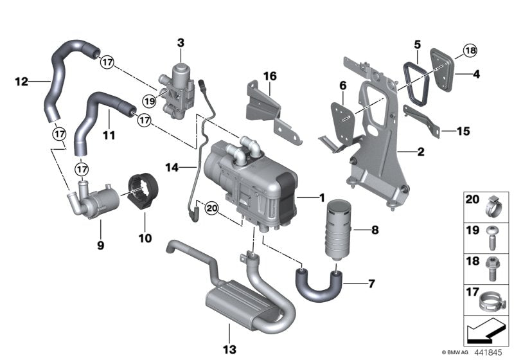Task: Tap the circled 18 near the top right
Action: (470, 51)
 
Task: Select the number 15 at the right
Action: (463, 131)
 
